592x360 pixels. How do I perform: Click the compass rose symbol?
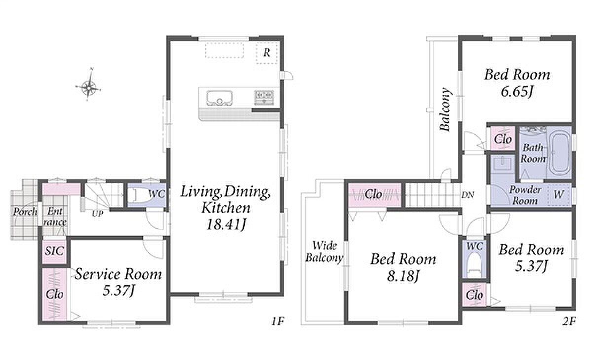pyautogui.click(x=88, y=85)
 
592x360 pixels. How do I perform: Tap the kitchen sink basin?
pyautogui.click(x=220, y=98)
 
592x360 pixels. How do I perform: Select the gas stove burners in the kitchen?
pyautogui.click(x=264, y=97)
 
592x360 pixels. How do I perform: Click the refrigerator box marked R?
pyautogui.click(x=267, y=53)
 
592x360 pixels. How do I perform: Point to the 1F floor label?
pyautogui.click(x=277, y=321)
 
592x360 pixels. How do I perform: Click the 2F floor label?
pyautogui.click(x=569, y=321)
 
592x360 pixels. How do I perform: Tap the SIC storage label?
pyautogui.click(x=54, y=251)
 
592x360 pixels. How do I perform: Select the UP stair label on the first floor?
pyautogui.click(x=97, y=214)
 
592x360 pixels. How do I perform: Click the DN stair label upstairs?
pyautogui.click(x=468, y=195)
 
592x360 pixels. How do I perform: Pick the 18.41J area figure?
pyautogui.click(x=226, y=224)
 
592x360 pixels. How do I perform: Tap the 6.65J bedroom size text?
pyautogui.click(x=517, y=91)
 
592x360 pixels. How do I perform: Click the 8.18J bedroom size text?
pyautogui.click(x=403, y=276)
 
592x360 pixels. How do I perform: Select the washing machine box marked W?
pyautogui.click(x=558, y=195)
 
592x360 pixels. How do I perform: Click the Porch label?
pyautogui.click(x=25, y=211)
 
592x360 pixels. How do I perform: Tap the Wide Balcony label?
pyautogui.click(x=324, y=252)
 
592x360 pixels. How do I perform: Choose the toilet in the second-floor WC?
pyautogui.click(x=474, y=265)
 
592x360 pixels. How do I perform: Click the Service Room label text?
pyautogui.click(x=118, y=274)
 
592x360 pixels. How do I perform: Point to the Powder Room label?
pyautogui.click(x=525, y=195)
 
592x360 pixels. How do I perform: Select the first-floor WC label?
pyautogui.click(x=156, y=194)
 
